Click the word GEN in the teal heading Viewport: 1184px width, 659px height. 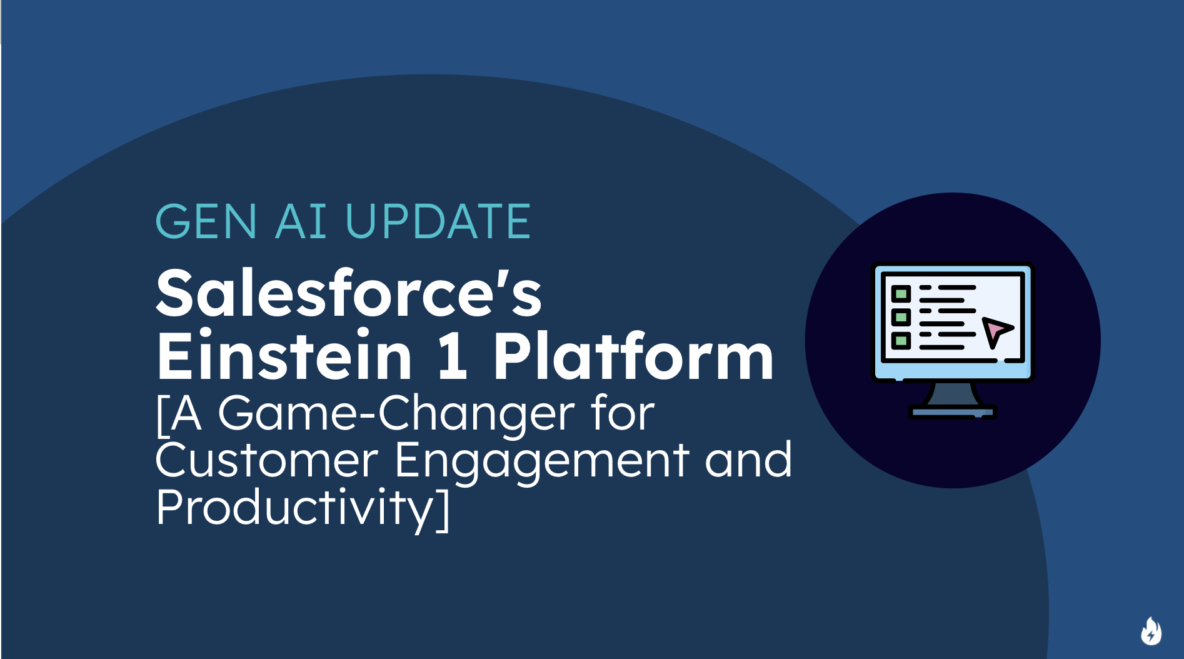tap(206, 222)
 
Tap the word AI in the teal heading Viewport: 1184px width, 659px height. tap(301, 222)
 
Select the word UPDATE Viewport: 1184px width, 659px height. tap(438, 222)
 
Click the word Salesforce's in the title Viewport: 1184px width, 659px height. tap(348, 293)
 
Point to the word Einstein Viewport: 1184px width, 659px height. tap(284, 356)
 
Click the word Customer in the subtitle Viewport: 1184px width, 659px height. tap(267, 461)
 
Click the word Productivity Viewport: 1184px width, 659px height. tap(294, 509)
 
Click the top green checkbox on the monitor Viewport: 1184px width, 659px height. tap(901, 293)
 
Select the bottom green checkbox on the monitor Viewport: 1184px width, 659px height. tap(901, 341)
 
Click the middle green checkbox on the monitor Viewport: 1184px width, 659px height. tap(901, 317)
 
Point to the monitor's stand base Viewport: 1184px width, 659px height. tap(952, 412)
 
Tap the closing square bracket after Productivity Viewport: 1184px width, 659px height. tap(443, 510)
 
